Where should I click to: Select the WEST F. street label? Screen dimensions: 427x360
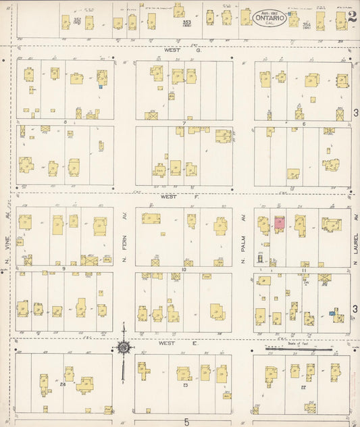[169, 198]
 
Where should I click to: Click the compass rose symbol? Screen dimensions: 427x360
[124, 347]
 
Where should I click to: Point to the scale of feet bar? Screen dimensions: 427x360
[312, 349]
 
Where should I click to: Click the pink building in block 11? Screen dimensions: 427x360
[279, 222]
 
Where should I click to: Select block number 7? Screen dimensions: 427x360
[184, 123]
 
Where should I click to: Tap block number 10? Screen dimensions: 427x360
[184, 269]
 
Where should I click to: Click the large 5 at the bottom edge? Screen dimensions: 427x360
[186, 422]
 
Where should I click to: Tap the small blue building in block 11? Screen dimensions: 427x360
[332, 313]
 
